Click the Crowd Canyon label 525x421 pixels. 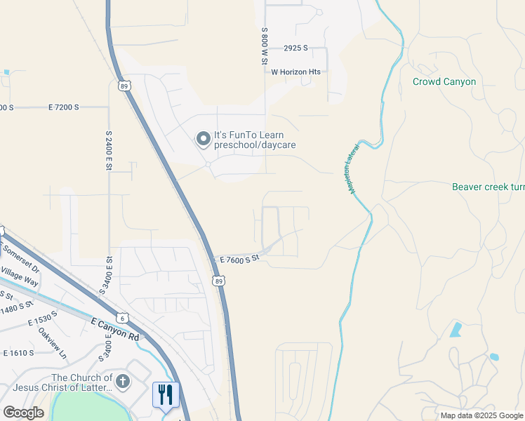(444, 81)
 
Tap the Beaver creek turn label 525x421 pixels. (489, 187)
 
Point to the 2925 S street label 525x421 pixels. (296, 48)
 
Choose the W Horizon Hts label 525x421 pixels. (295, 72)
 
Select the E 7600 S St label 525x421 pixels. (239, 259)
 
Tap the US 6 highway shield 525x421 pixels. (123, 318)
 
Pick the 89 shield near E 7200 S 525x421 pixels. (124, 86)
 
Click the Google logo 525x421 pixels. (23, 413)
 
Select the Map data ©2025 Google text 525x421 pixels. (481, 415)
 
